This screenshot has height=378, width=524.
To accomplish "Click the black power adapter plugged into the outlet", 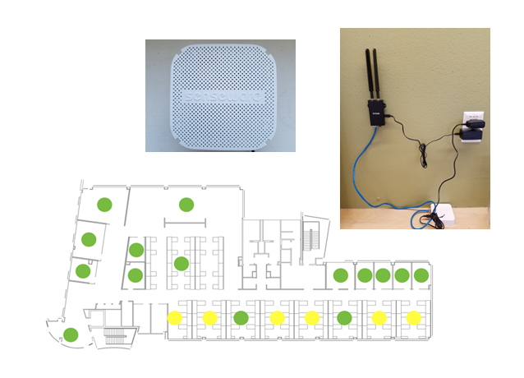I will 476,130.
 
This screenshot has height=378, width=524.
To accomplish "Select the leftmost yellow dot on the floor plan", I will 174,317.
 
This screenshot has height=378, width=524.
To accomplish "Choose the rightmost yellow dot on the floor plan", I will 413,317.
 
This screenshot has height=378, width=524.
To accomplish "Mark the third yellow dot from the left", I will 277,317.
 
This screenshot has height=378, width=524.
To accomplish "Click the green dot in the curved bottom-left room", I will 71,334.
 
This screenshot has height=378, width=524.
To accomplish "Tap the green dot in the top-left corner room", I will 103,204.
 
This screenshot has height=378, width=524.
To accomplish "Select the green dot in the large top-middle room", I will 186,204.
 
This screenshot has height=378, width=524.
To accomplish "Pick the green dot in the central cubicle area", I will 182,263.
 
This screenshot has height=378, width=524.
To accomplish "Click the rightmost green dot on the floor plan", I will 421,275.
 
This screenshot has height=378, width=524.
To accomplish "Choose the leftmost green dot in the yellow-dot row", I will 241,317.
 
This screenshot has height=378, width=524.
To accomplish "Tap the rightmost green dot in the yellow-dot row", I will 344,317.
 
